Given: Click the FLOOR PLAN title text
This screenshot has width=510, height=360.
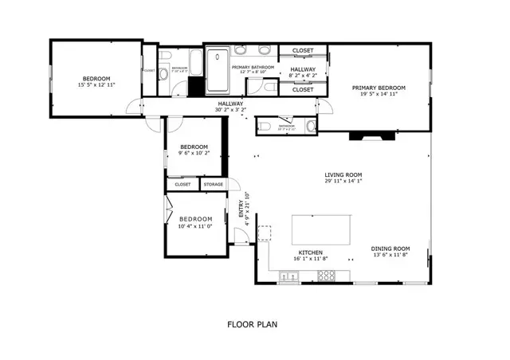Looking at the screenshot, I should point(251,324).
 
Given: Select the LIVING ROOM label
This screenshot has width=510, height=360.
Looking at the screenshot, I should point(343,174).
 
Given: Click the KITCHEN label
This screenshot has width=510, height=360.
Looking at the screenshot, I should point(310,252).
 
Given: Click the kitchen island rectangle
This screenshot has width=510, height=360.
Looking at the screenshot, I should point(323,229).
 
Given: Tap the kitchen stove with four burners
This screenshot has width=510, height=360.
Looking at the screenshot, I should point(326,276).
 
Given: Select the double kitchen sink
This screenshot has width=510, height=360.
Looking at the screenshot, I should point(288,277).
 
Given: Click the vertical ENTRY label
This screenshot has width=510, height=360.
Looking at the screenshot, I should point(241,209).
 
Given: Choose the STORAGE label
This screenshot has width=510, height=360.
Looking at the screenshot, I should point(213,185).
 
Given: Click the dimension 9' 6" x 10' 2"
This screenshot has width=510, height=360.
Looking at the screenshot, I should point(194,153).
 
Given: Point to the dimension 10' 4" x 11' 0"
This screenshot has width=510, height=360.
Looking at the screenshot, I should point(195,225).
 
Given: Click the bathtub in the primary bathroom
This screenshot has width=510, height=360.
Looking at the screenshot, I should point(217,72).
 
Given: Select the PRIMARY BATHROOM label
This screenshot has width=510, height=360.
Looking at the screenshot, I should point(253,68).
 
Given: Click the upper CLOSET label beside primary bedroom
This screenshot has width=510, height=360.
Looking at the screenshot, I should point(303,51).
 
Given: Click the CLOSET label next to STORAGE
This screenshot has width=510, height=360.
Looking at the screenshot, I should point(182,185).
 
